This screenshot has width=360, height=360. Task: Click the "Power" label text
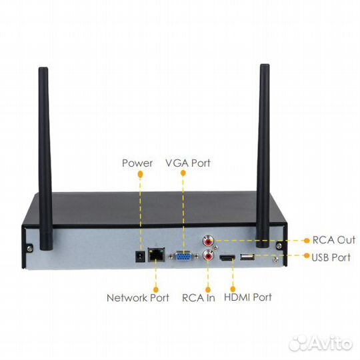click(x=137, y=163)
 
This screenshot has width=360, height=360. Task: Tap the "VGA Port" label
click(x=188, y=163)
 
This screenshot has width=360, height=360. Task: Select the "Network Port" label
click(x=138, y=298)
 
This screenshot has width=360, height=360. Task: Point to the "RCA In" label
click(x=199, y=298)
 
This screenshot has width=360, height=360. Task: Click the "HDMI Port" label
click(x=248, y=297)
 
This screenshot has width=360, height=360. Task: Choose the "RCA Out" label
click(x=334, y=240)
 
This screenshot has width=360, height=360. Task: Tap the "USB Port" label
click(x=331, y=257)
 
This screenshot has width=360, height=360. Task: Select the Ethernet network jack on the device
click(x=157, y=255)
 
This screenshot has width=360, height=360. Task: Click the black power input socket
click(x=140, y=257)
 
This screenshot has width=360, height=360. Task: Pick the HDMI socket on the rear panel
click(x=227, y=258)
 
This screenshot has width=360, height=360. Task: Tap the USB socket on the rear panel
click(x=247, y=257)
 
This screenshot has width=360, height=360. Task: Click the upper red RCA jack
click(x=209, y=241)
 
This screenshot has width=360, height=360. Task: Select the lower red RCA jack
click(x=209, y=255)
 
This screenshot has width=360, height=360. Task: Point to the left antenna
click(x=45, y=159)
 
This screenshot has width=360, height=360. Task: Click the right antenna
click(x=263, y=155)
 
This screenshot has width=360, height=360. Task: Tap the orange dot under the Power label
click(x=140, y=174)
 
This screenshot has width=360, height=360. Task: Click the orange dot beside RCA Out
click(x=307, y=241)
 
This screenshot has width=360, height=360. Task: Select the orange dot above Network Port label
click(x=156, y=289)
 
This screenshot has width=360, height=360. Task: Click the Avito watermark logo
click(x=321, y=343)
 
